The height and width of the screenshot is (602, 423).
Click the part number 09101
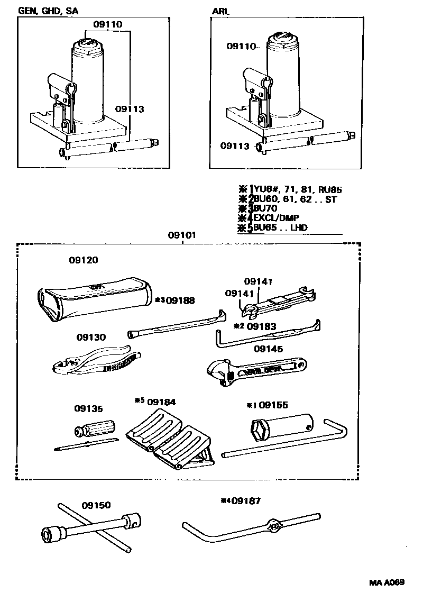(182, 235)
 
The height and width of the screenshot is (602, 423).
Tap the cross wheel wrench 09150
(90, 529)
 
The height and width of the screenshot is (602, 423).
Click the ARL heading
(220, 10)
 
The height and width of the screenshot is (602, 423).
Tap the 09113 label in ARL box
(235, 146)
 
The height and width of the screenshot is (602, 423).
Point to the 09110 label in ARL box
(241, 47)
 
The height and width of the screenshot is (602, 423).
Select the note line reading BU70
(269, 209)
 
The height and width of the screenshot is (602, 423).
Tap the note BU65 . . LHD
(280, 228)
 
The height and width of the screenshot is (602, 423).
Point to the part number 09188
(180, 300)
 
